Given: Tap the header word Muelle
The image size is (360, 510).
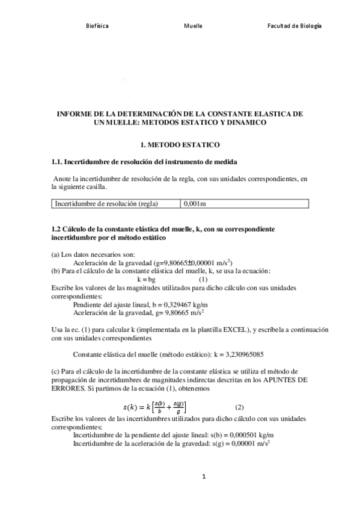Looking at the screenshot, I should tap(193, 26).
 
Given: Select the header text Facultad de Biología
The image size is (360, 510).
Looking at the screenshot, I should tap(294, 26).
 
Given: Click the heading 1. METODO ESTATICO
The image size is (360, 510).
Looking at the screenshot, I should tap(180, 145).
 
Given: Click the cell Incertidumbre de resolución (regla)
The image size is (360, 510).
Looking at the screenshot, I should tap(106, 204).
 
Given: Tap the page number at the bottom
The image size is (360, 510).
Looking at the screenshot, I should tap(204, 477).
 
